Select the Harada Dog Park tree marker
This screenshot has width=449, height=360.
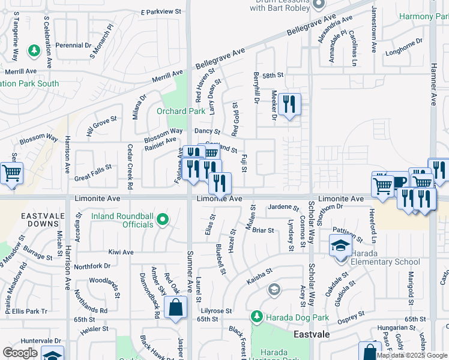256,316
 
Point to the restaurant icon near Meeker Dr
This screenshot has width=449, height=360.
289,105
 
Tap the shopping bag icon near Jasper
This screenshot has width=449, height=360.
175,309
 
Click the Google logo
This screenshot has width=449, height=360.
20,353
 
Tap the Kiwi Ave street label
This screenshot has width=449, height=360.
121,252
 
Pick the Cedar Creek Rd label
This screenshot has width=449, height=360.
130,163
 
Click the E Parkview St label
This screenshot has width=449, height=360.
161,11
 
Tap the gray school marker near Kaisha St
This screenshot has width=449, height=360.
274,291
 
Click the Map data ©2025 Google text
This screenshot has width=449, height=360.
412,355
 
